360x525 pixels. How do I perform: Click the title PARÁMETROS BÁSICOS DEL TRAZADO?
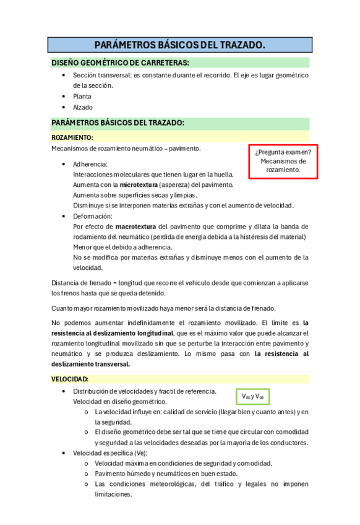click(179, 45)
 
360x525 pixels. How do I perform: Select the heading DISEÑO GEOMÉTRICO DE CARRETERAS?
click(120, 63)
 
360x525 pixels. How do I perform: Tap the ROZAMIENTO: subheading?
click(72, 137)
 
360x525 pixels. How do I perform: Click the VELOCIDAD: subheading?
click(69, 379)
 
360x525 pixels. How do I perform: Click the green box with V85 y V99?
click(254, 396)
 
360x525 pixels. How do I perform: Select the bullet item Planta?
click(82, 97)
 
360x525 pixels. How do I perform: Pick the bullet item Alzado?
click(82, 108)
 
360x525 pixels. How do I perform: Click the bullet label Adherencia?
click(90, 164)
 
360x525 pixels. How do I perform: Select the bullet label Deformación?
click(93, 216)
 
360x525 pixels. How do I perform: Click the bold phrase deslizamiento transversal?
click(91, 364)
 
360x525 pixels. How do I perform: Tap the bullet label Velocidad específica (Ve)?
click(110, 453)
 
